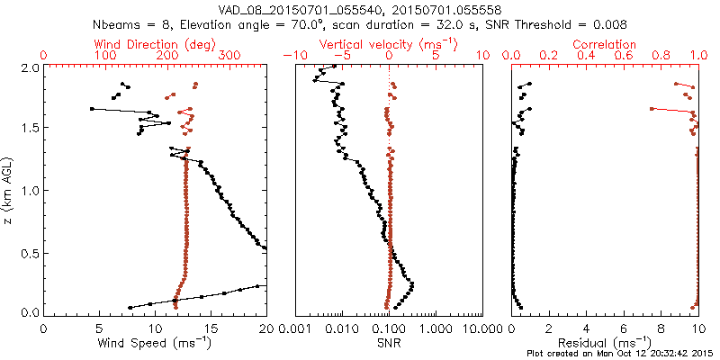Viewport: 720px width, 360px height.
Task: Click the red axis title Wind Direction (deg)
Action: click(156, 44)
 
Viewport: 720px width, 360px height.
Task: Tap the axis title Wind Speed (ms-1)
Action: click(155, 343)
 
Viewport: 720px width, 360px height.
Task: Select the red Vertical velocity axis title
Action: click(390, 44)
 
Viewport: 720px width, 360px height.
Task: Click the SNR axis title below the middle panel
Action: click(389, 343)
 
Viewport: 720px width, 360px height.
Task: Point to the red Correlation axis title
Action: click(606, 44)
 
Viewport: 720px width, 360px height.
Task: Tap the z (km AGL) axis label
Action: click(8, 191)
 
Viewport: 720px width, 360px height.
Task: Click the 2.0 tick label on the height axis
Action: click(30, 67)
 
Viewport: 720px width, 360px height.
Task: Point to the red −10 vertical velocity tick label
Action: click(292, 56)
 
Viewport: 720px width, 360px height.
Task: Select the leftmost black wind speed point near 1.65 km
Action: click(92, 109)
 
